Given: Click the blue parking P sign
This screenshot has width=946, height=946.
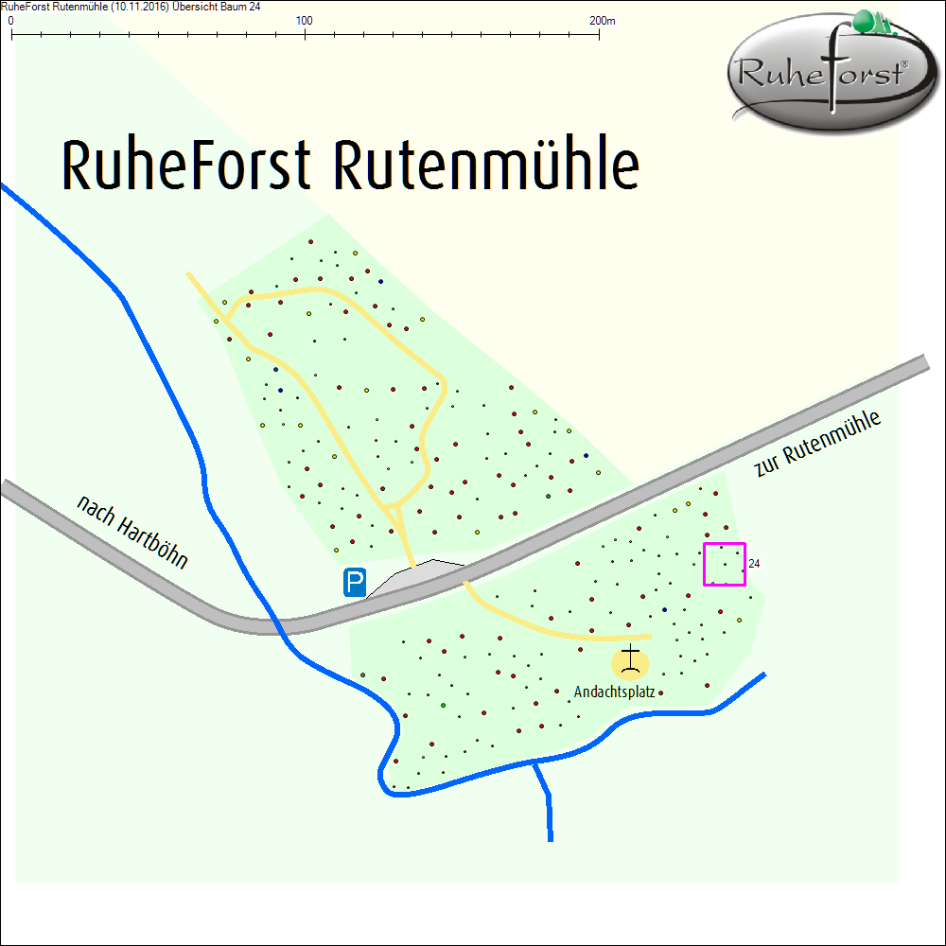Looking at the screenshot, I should click(355, 582).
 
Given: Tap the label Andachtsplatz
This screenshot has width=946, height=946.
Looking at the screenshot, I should click(614, 692).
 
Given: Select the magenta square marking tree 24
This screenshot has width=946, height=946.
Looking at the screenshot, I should click(725, 565).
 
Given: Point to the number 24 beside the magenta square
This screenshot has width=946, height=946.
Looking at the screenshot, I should click(754, 564).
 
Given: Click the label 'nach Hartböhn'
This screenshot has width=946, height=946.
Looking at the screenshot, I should click(132, 532).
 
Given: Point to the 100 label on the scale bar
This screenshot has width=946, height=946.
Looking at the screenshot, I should click(305, 20).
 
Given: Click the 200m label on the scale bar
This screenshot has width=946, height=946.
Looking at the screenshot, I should click(602, 20).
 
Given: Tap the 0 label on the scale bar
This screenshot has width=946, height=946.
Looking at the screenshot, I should click(10, 20).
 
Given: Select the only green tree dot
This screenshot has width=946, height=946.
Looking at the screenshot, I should click(443, 706).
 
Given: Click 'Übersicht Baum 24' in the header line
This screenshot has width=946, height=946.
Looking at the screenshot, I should click(217, 7).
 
